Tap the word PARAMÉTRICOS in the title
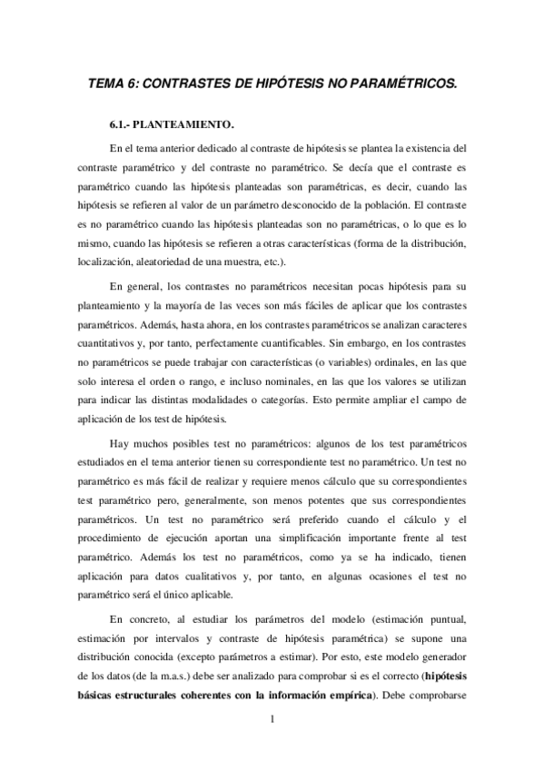401,83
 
